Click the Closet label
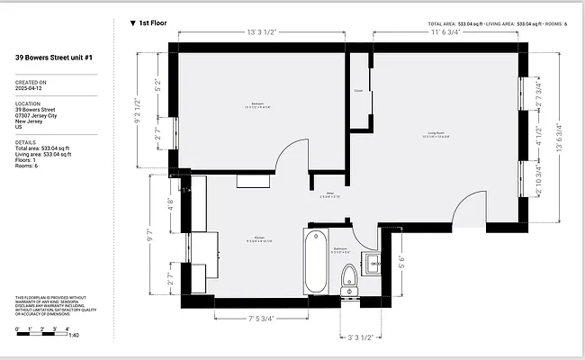coord(358,90)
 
